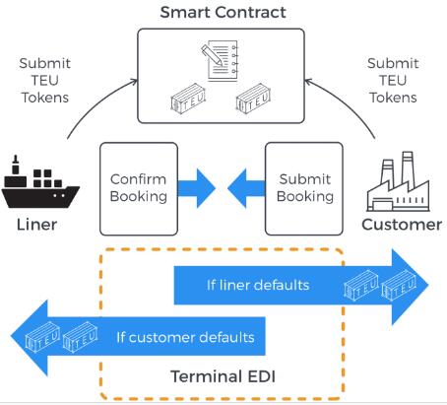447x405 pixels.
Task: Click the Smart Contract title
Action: (223, 13)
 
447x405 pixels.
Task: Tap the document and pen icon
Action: (220, 60)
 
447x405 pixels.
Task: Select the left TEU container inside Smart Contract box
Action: (188, 97)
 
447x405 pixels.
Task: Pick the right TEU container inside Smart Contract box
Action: (253, 97)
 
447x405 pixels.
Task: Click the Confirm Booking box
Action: (139, 189)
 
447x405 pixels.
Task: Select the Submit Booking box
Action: (304, 189)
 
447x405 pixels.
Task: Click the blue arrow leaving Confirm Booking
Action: (196, 188)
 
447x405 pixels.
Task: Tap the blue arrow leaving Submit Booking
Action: (246, 188)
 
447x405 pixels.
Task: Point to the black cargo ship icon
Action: (40, 182)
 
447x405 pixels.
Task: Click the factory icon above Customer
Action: (398, 181)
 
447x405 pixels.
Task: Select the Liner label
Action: (36, 225)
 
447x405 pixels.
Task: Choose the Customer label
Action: (402, 225)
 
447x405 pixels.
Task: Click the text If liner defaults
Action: (258, 285)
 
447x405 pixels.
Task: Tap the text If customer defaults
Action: (185, 337)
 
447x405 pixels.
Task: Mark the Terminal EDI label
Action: (223, 376)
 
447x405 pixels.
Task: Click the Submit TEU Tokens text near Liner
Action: (45, 81)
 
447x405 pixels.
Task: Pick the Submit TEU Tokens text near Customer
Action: (393, 81)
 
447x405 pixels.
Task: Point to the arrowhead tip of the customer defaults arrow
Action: (11, 337)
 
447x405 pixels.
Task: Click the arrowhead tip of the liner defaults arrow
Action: (428, 285)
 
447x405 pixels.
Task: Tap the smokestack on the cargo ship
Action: (15, 166)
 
